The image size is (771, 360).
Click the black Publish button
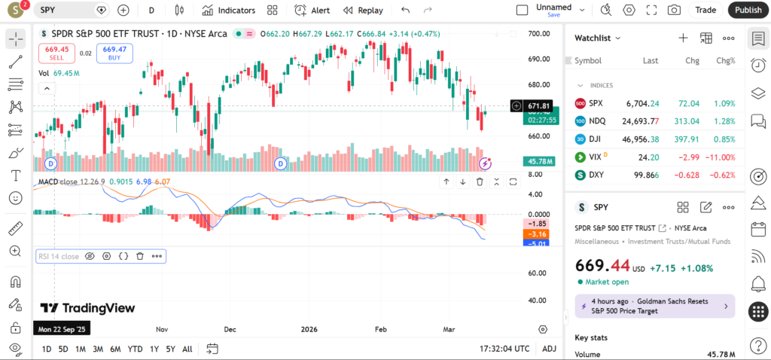pos(748,10)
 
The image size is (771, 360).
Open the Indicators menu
pos(229,11)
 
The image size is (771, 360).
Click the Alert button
pos(312,11)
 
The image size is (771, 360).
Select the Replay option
pos(363,11)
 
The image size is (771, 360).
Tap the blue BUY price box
pos(114,53)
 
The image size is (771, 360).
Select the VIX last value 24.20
pos(648,157)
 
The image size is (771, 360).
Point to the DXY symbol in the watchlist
pos(596,175)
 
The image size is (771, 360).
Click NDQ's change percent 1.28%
pos(725,121)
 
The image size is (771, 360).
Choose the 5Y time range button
pos(171,349)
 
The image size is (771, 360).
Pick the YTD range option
pos(135,349)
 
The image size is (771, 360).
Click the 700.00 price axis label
pos(538,34)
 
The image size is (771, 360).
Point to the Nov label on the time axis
pos(161,329)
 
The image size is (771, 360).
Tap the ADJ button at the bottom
pos(549,349)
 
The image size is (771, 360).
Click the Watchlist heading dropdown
pos(598,38)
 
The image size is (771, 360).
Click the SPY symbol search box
pos(72,11)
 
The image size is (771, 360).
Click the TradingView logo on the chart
pos(88,308)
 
